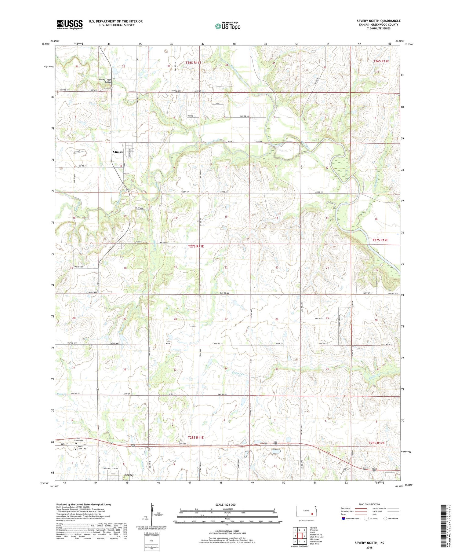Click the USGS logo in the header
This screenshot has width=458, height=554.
point(70,24)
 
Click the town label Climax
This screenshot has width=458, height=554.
point(118,152)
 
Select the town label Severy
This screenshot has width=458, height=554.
point(129,475)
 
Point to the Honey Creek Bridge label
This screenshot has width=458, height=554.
point(105,81)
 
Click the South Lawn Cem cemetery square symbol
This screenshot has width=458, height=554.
point(76,449)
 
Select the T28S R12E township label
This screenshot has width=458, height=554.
point(376,443)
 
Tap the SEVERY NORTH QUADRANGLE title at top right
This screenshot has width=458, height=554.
point(378,21)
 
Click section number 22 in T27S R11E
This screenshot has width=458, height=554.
point(226,267)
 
